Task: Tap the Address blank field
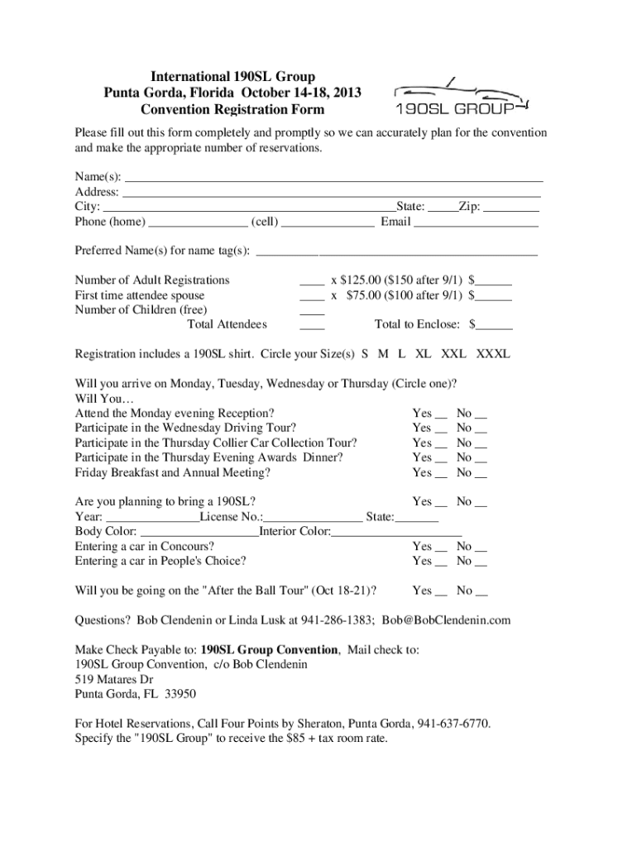click(x=331, y=193)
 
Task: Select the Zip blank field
click(x=510, y=208)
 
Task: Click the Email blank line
click(x=476, y=223)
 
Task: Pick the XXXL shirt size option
click(x=492, y=354)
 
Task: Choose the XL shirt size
click(x=423, y=354)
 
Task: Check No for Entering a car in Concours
click(x=481, y=548)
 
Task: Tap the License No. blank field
click(x=313, y=519)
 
